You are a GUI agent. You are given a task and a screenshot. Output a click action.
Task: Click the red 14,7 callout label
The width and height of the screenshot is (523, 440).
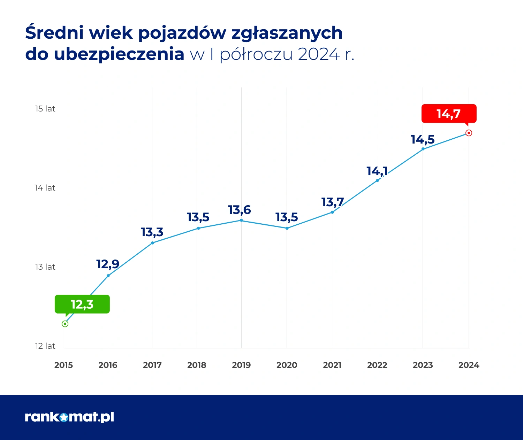pos(449,114)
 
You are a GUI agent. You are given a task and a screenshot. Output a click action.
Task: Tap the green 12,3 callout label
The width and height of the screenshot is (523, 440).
pos(82,304)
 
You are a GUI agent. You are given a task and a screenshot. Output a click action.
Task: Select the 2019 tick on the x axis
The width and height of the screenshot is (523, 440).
pos(241,365)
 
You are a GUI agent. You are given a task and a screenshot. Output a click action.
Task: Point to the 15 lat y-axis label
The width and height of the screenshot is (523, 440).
pos(45,109)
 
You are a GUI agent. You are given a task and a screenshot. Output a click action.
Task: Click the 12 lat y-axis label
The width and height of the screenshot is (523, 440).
pos(45,346)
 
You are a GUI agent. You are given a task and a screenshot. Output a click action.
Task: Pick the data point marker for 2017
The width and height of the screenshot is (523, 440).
pos(152,243)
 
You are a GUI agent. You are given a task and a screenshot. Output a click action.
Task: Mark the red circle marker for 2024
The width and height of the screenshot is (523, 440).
pos(469,133)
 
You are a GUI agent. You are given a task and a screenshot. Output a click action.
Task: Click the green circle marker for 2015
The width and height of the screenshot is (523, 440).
pos(65,324)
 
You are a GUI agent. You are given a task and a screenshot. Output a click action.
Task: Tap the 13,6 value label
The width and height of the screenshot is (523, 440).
pos(240,210)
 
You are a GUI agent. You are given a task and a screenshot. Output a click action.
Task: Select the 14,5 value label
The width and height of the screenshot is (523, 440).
pos(423,139)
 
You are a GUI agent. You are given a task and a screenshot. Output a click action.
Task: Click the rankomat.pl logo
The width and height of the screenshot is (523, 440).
pos(69,417)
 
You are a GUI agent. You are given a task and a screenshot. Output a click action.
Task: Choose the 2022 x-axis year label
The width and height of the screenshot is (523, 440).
pos(377,365)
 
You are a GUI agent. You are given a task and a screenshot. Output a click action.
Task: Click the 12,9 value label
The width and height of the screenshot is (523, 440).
pos(108,264)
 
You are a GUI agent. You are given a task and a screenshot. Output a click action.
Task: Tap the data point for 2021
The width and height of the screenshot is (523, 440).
pos(332,212)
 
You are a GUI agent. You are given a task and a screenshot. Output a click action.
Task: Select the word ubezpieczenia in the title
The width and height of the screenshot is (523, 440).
pos(119,54)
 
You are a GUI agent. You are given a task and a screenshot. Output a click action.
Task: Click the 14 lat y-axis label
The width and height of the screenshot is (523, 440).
pos(45,188)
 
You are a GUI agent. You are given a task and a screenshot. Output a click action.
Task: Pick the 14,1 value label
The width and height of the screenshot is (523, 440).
pos(377,171)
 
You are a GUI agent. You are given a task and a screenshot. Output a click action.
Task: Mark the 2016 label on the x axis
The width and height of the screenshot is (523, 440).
pos(108,365)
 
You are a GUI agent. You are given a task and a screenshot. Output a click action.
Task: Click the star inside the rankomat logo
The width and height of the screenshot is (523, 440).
pos(64,417)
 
